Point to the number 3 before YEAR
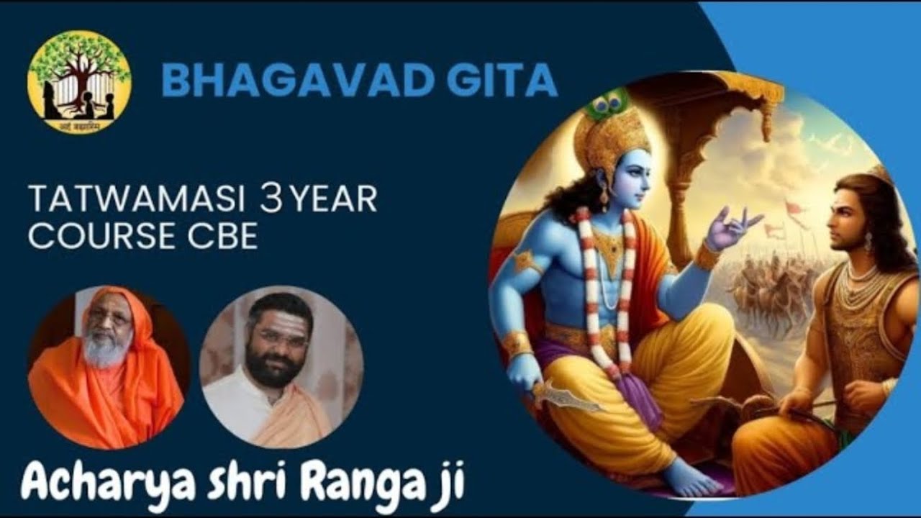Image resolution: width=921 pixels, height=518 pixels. click(272, 200)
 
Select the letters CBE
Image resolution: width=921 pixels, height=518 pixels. click(224, 237)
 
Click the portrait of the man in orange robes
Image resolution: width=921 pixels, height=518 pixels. click(108, 367)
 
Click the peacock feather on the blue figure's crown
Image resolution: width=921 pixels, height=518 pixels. click(606, 104)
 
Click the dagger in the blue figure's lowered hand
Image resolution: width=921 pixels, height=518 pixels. click(568, 396)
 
